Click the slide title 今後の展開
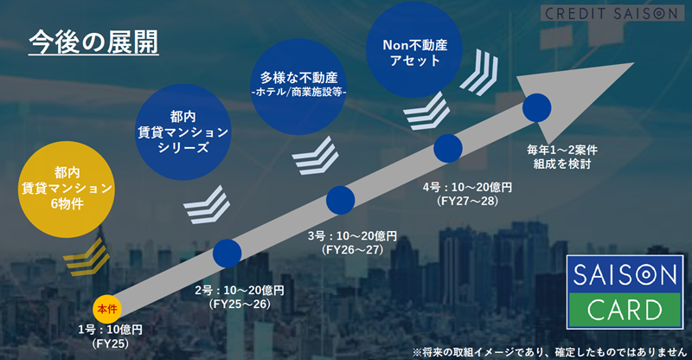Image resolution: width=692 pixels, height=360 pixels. point(93,43)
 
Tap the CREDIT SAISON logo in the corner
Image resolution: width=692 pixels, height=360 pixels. point(612,13)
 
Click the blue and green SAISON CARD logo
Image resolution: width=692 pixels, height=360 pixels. point(625,292)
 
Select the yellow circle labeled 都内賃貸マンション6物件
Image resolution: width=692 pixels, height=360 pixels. point(67,189)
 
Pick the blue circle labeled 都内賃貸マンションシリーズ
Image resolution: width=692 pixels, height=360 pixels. point(183,132)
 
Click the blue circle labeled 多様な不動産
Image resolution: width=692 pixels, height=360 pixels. point(298,87)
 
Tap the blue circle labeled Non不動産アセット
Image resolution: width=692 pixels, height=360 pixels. point(414,49)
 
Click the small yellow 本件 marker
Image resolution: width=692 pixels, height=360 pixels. point(107,309)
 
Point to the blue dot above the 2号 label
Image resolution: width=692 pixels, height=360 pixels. point(227,253)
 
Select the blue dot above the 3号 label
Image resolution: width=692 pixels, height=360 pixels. point(340,200)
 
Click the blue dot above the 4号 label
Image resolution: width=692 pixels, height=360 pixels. point(448,149)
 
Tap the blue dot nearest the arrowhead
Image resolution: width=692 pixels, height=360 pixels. point(537,108)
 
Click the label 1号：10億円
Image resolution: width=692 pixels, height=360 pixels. point(111,330)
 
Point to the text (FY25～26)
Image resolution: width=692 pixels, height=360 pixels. point(240,304)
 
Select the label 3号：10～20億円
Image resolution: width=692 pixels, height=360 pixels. point(353,236)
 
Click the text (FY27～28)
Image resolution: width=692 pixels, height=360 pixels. point(467,201)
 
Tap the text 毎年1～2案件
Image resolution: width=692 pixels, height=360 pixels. point(562,150)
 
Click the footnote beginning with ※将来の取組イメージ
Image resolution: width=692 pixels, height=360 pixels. point(549,351)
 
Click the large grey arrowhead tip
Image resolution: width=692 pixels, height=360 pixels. point(634,63)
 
